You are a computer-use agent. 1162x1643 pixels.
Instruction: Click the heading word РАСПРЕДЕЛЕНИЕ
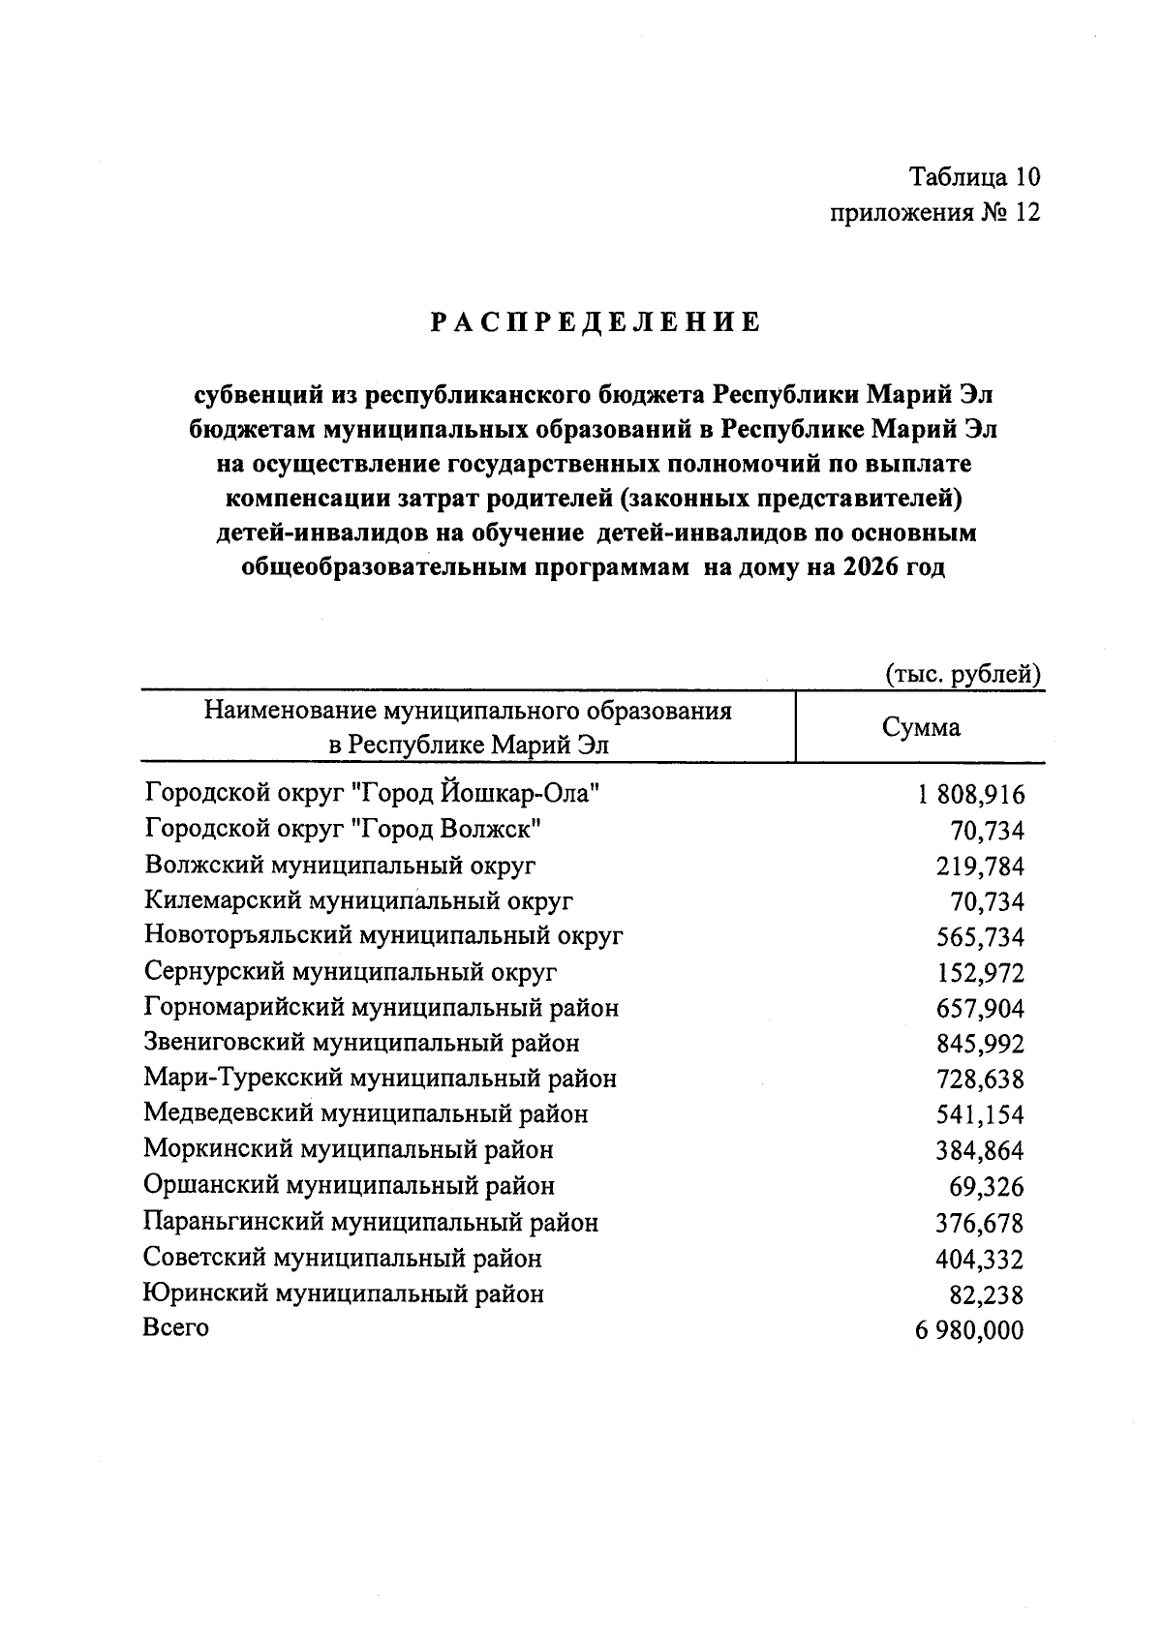(596, 322)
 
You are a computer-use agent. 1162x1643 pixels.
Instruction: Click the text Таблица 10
(974, 177)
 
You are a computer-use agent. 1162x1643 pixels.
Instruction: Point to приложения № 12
(935, 213)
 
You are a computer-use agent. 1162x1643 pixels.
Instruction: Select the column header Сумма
(921, 727)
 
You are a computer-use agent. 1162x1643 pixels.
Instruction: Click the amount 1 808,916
(969, 795)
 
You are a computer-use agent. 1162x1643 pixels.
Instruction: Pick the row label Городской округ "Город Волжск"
(343, 830)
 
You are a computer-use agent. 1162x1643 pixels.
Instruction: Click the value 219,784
(980, 867)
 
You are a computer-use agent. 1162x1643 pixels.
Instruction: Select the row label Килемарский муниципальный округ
(358, 901)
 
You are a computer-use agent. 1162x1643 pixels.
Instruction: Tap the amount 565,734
(980, 937)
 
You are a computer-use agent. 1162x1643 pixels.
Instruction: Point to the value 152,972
(980, 973)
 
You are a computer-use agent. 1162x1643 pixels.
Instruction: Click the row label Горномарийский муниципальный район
(382, 1008)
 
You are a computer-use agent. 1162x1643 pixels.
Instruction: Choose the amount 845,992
(980, 1044)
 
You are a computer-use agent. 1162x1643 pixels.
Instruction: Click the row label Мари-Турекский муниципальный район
(380, 1079)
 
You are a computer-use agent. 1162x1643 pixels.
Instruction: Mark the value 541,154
(980, 1115)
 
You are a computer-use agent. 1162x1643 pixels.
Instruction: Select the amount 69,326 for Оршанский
(986, 1187)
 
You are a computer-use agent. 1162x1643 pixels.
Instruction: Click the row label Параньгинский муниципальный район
(371, 1223)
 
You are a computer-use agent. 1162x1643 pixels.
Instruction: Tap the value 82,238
(986, 1294)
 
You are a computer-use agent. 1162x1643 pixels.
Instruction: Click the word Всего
(175, 1327)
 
